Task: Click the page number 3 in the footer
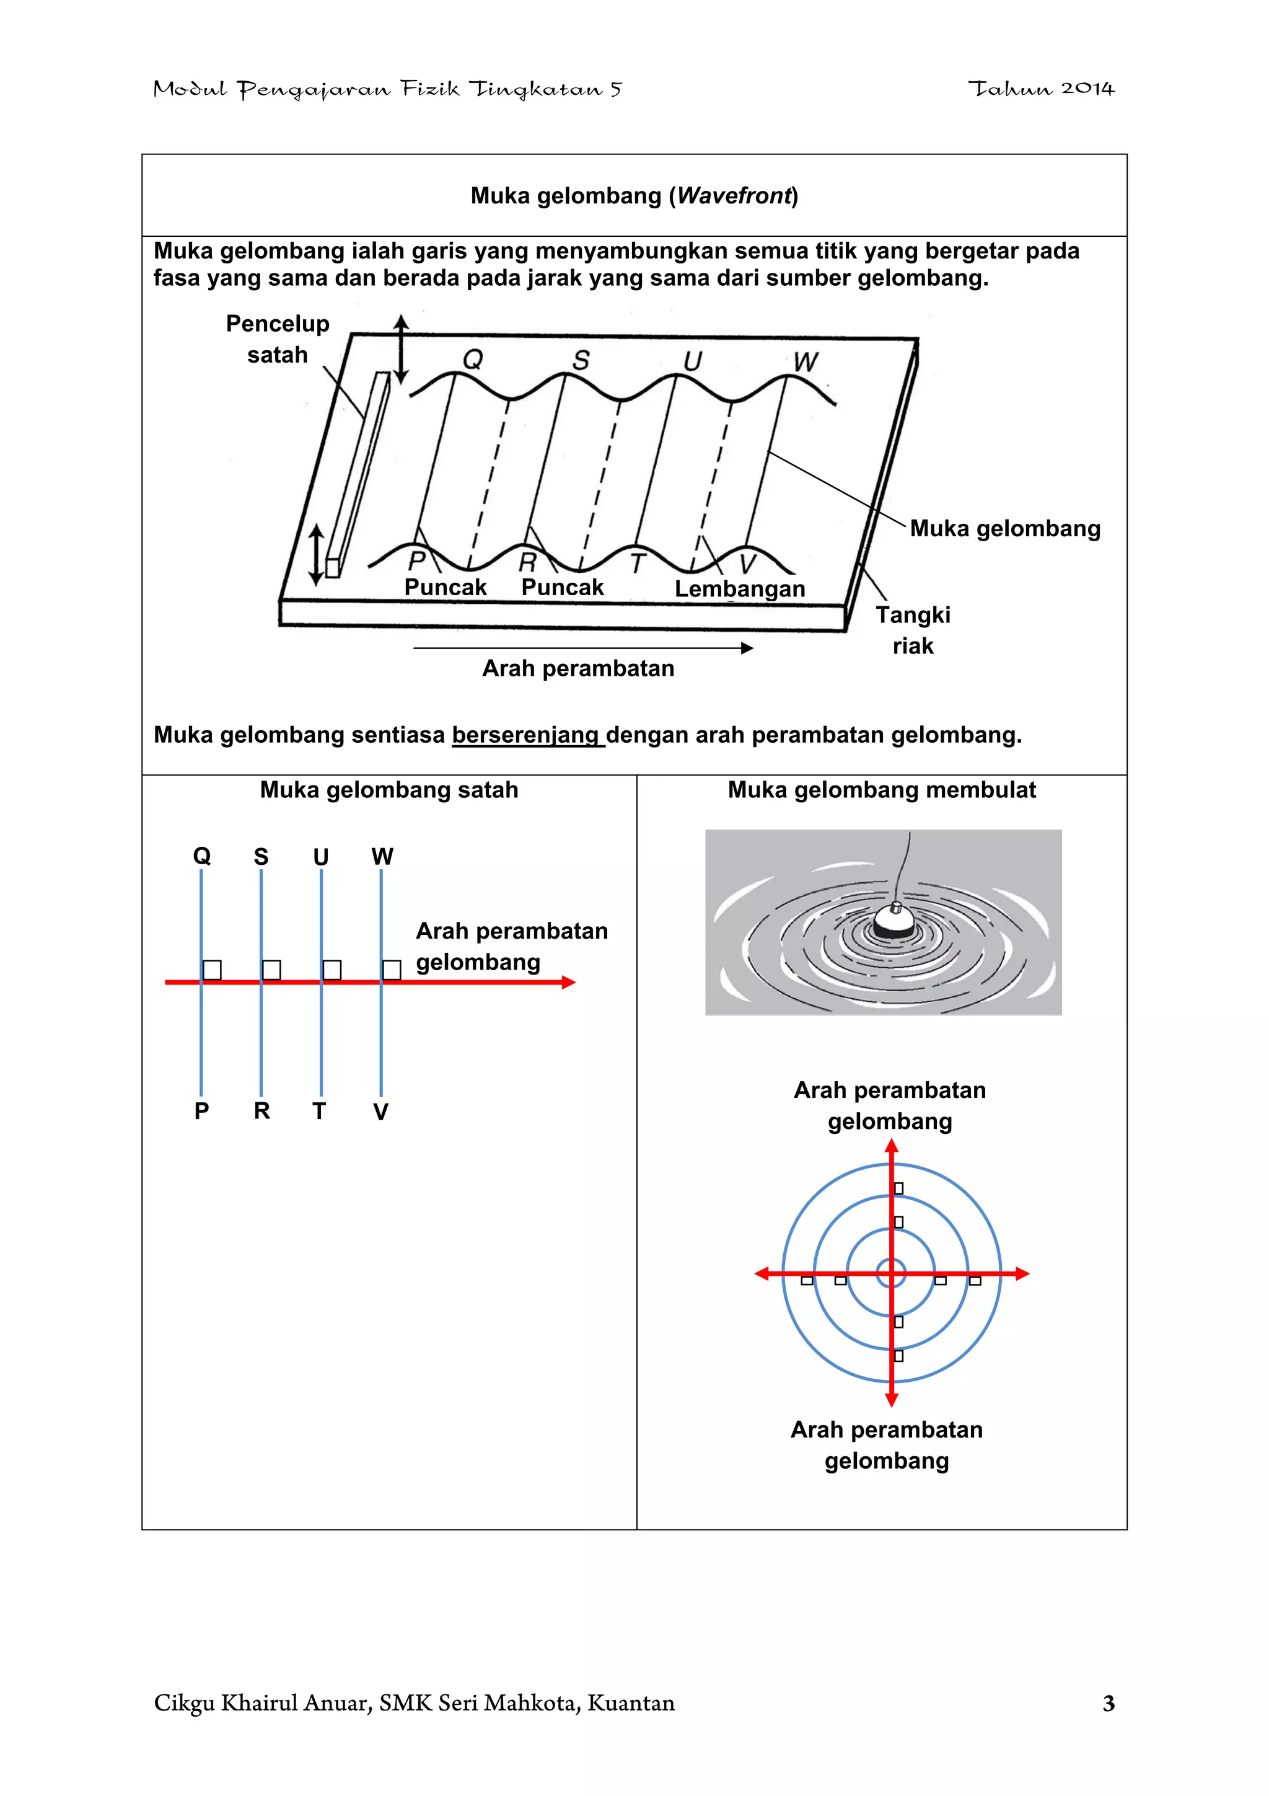click(x=1108, y=1703)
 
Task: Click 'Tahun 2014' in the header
click(x=1041, y=89)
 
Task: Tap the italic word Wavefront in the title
click(x=734, y=195)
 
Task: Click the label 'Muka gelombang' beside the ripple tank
click(x=1004, y=528)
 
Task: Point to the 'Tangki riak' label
click(x=913, y=630)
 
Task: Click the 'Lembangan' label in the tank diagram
click(x=740, y=588)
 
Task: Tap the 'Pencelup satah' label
click(x=278, y=338)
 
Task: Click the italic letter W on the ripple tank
click(x=806, y=361)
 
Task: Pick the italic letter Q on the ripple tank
click(x=473, y=359)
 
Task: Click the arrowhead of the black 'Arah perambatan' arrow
click(x=747, y=648)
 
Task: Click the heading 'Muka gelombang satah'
click(x=389, y=789)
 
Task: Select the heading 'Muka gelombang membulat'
click(x=881, y=789)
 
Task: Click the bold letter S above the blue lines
click(x=261, y=857)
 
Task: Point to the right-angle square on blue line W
click(x=392, y=970)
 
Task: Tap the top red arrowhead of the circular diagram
click(x=892, y=1147)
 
